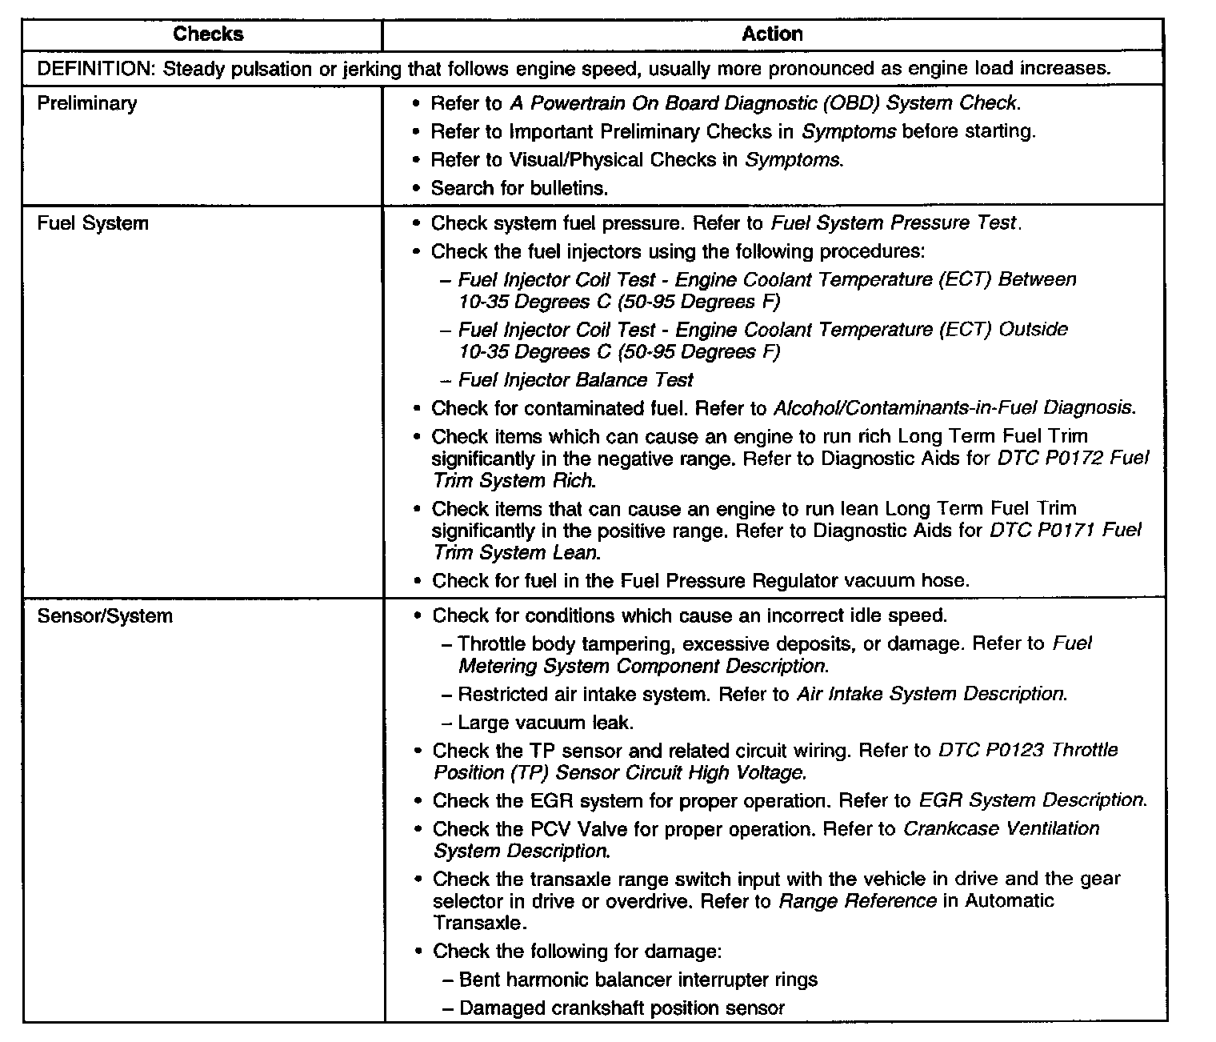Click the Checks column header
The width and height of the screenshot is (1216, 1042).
coord(208,34)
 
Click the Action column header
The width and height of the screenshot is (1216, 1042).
coord(772,34)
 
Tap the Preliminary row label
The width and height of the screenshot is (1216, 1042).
coord(87,103)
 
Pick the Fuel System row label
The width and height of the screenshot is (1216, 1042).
coord(93,223)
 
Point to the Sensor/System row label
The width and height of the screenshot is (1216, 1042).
coord(105,616)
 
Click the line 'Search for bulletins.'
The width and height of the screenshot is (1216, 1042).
coord(519,188)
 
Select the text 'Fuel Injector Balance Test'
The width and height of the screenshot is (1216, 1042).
coord(576,380)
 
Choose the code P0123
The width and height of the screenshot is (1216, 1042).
coord(1009,751)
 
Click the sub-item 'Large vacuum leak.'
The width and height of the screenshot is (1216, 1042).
coord(546,723)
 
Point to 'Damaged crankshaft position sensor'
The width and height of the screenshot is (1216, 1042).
coord(622,1008)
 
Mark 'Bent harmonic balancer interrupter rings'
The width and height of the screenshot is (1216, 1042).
coord(638,980)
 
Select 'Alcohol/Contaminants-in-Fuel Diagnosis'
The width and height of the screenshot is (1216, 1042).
coord(954,408)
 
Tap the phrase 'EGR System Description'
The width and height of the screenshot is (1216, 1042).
coord(1032,801)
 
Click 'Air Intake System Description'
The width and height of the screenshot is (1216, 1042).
coord(931,694)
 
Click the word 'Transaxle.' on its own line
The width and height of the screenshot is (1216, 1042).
coord(480,923)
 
